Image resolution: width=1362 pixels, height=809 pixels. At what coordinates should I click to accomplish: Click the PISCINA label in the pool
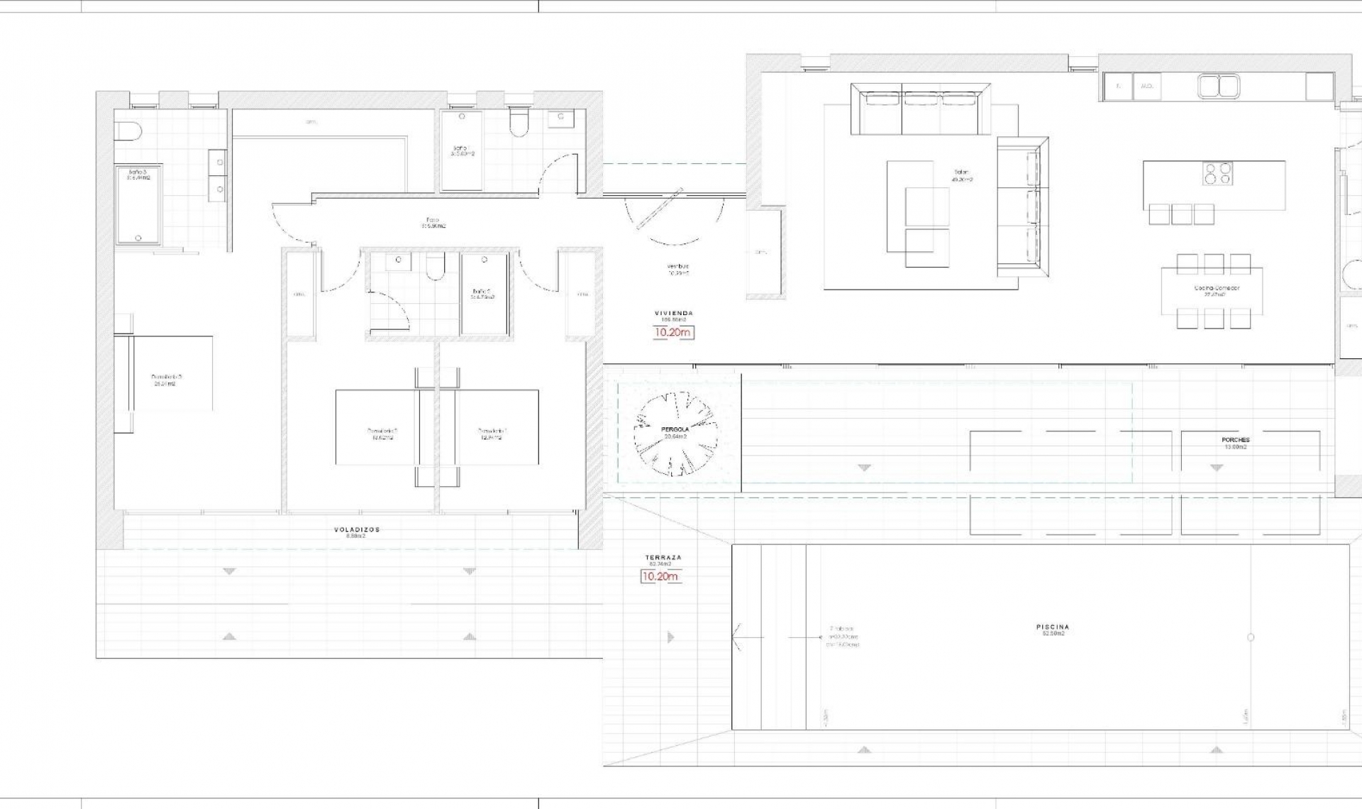pyautogui.click(x=1052, y=627)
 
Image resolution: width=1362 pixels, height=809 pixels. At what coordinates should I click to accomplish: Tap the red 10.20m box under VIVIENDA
pyautogui.click(x=672, y=332)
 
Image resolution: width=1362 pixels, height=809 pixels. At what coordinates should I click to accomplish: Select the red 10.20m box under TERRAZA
pyautogui.click(x=660, y=576)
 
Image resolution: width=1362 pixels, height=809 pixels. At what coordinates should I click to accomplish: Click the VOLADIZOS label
pyautogui.click(x=357, y=529)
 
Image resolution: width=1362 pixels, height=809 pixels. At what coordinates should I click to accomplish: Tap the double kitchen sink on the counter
pyautogui.click(x=1219, y=86)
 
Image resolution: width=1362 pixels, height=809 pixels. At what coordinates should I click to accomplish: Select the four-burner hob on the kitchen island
pyautogui.click(x=1217, y=173)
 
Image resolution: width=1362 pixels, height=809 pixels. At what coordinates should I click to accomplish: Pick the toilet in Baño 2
pyautogui.click(x=435, y=268)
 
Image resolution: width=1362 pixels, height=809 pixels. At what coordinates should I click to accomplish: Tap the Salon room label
pyautogui.click(x=962, y=172)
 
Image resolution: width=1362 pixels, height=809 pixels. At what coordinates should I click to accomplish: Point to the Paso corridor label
pyautogui.click(x=433, y=221)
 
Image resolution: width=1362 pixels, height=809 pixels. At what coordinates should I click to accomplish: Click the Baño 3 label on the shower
pyautogui.click(x=137, y=172)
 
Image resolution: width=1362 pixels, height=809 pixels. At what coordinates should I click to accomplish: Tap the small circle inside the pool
pyautogui.click(x=1251, y=637)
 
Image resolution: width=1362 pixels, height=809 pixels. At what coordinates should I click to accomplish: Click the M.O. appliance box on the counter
pyautogui.click(x=1146, y=86)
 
